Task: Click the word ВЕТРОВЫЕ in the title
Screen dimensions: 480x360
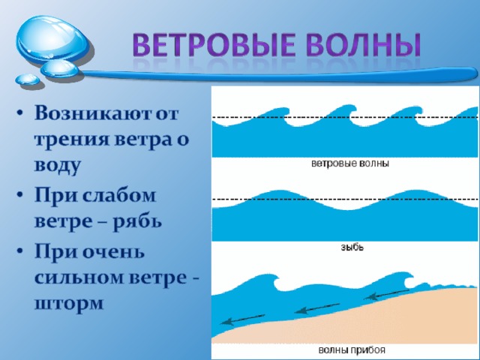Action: (x=214, y=45)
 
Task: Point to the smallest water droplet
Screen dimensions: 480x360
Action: (x=28, y=79)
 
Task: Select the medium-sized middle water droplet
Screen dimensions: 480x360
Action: (x=60, y=68)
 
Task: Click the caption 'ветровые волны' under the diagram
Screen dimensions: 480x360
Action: (x=350, y=163)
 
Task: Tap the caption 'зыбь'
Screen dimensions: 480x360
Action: (x=352, y=247)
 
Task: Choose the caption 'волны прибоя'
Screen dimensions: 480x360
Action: (x=352, y=350)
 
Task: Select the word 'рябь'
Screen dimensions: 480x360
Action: (x=137, y=221)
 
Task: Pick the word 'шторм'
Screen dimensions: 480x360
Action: (x=69, y=304)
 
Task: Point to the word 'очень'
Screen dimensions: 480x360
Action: (x=113, y=252)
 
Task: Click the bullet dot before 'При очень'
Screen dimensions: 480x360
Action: (x=20, y=251)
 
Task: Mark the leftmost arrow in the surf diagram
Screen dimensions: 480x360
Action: (x=242, y=319)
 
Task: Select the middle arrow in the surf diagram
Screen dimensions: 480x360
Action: (x=316, y=308)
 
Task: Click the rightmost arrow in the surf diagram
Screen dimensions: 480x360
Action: (x=387, y=294)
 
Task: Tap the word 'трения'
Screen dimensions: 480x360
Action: (x=72, y=140)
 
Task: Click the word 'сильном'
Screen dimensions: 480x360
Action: (x=79, y=277)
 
